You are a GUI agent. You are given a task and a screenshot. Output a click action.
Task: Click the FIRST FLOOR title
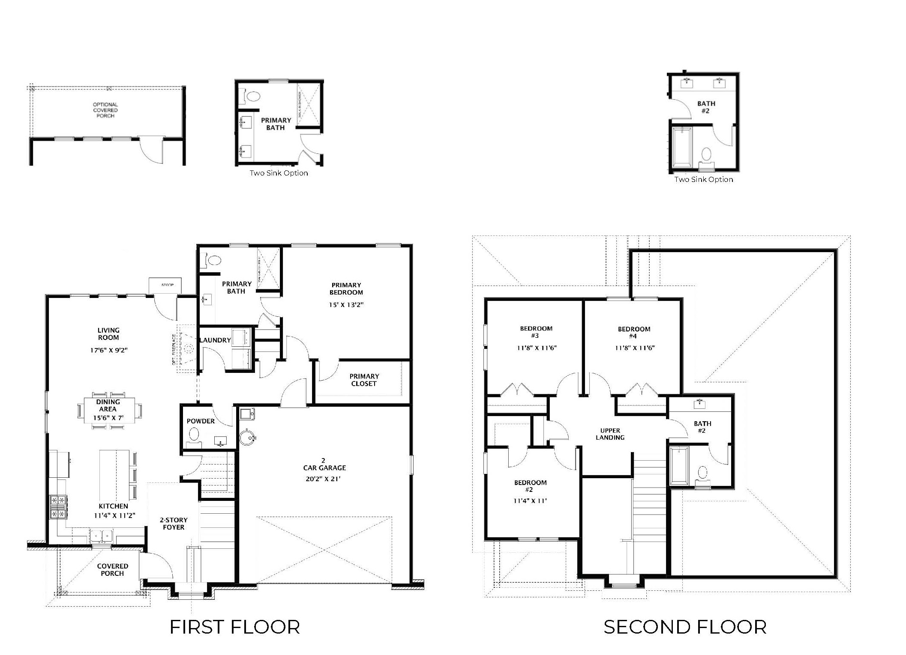point(234,627)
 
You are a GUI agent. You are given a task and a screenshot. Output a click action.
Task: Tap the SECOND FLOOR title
point(684,627)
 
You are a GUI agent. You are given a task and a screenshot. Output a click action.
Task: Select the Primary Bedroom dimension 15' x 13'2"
point(346,305)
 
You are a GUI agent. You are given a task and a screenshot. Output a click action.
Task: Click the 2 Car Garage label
point(324,464)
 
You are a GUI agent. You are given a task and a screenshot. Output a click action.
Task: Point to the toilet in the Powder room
point(194,435)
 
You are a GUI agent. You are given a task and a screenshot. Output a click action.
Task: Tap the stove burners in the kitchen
point(58,506)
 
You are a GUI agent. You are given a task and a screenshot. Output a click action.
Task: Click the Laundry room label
point(215,340)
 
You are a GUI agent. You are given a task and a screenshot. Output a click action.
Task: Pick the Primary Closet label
point(364,380)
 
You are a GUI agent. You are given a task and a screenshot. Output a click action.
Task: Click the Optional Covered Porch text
point(105,110)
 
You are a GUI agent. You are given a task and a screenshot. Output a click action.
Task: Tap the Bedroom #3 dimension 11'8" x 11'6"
point(537,348)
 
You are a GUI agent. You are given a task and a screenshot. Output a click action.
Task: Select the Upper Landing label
point(610,434)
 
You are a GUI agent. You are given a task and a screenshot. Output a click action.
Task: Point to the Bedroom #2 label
point(530,486)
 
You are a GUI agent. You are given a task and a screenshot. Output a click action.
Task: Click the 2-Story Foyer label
point(174,524)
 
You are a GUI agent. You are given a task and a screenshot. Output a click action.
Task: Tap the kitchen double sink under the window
point(102,536)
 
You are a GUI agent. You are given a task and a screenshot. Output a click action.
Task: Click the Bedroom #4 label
point(634,333)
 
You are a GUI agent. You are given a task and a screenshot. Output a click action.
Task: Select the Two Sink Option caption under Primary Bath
point(279,173)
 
